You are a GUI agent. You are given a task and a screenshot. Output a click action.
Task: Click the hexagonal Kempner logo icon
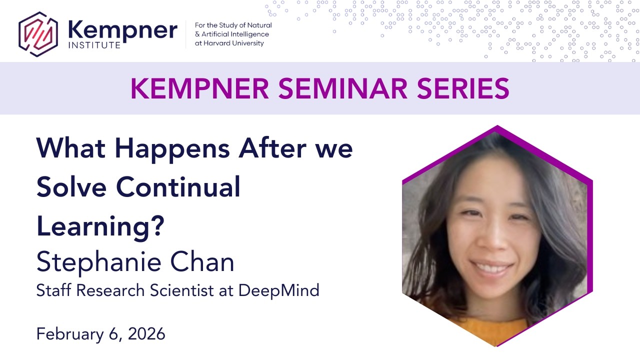(x=38, y=34)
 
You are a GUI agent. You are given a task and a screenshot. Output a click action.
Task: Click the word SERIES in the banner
(x=463, y=88)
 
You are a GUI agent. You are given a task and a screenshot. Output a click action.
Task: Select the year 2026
(x=146, y=334)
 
